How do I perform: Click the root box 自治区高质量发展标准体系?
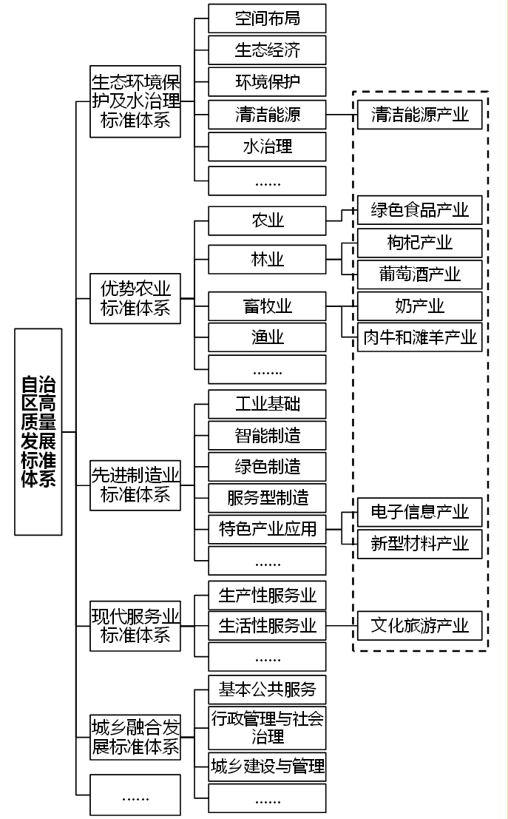pos(38,431)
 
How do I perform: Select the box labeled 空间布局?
pos(267,18)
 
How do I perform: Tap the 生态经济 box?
pos(267,50)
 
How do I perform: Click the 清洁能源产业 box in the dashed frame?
pos(419,115)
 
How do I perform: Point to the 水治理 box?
pos(267,146)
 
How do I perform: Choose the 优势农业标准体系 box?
pos(135,297)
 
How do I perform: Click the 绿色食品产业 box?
pos(419,210)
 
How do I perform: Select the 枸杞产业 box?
pos(419,243)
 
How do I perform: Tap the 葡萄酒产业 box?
pos(419,274)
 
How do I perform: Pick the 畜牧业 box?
pos(267,306)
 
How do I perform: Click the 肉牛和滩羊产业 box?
pos(419,338)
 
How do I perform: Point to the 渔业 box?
pos(267,338)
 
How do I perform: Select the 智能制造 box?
pos(267,435)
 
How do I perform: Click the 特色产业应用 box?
pos(267,529)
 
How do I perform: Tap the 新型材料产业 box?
pos(419,544)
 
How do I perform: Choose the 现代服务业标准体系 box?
pos(135,625)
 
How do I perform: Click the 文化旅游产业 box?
pos(419,626)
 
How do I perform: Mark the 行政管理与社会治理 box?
pos(267,727)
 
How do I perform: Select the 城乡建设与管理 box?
pos(267,765)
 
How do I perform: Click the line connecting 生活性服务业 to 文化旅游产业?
pos(342,626)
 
